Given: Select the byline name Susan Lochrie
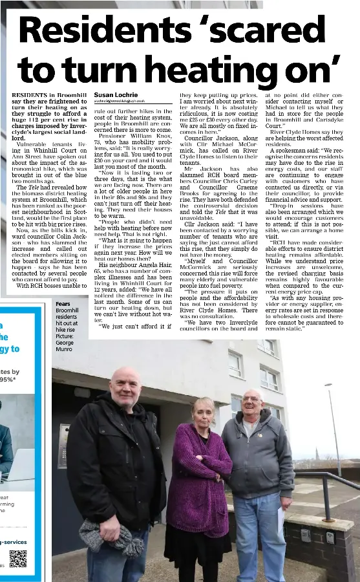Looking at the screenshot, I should [x=116, y=94].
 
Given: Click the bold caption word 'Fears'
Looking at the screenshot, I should [x=63, y=304].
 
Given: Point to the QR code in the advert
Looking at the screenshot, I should [x=18, y=558].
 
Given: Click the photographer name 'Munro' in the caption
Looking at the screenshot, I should [x=63, y=349].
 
